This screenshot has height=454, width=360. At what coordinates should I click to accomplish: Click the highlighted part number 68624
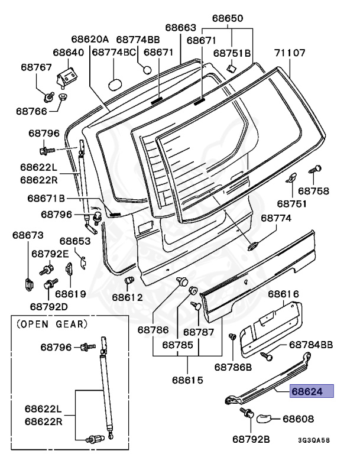tap(311, 391)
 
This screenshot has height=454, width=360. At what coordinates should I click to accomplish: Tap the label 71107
tap(289, 53)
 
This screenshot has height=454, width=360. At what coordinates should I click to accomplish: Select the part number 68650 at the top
tap(228, 18)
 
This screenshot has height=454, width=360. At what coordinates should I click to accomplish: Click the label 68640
tap(69, 53)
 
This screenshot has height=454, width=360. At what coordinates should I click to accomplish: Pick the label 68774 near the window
tap(276, 218)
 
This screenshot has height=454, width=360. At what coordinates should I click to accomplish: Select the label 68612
tap(127, 297)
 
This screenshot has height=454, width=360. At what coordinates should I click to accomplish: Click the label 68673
tap(28, 235)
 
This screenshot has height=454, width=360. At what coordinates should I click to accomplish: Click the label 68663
tap(180, 27)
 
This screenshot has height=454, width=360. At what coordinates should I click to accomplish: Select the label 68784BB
tap(311, 345)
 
